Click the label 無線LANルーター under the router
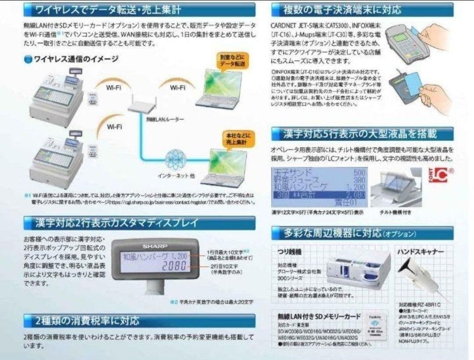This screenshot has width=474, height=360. coord(159,120)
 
